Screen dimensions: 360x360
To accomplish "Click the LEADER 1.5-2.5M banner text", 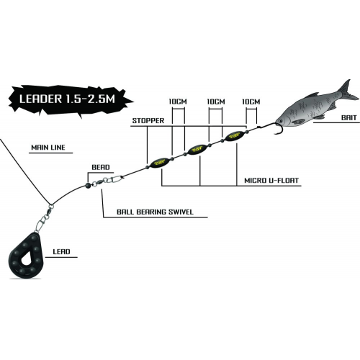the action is click(x=67, y=99).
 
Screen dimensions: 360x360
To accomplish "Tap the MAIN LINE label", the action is click(x=48, y=148).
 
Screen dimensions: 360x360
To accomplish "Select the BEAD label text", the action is click(x=101, y=167).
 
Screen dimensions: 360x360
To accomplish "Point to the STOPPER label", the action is click(x=148, y=120).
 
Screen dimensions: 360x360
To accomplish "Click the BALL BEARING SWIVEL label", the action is click(x=155, y=212).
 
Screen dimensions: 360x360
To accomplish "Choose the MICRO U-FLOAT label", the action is click(x=271, y=181).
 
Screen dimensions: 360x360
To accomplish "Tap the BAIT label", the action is click(x=349, y=118).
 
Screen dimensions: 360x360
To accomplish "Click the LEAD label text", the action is click(x=61, y=251).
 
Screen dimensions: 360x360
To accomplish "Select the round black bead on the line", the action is click(x=88, y=185).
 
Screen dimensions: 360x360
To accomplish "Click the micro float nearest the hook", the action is click(x=235, y=136).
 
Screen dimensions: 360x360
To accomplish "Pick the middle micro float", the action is click(x=197, y=149).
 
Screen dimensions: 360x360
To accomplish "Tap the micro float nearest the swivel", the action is click(x=159, y=163).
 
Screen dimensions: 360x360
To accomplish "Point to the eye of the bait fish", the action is click(x=280, y=121).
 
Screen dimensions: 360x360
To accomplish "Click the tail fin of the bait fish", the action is click(x=347, y=91).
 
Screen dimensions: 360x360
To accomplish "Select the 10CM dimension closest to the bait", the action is click(x=251, y=102).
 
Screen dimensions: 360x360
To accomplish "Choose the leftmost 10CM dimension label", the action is click(x=178, y=102).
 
